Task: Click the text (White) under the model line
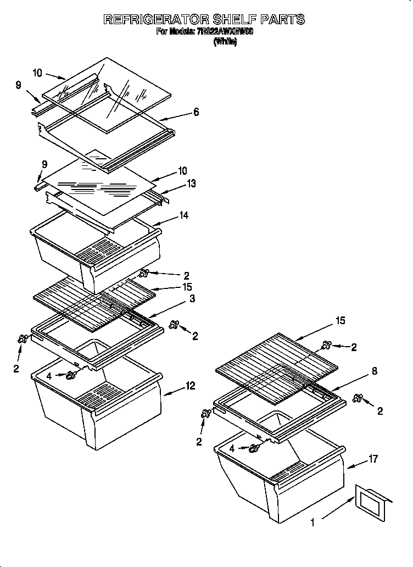225,42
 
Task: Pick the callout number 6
196,113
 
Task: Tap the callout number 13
192,184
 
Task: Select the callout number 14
184,216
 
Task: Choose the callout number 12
191,386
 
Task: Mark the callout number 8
375,371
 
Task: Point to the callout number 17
373,459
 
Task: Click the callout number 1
313,523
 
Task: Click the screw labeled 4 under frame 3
71,375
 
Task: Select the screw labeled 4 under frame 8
253,448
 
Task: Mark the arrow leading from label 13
174,189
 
